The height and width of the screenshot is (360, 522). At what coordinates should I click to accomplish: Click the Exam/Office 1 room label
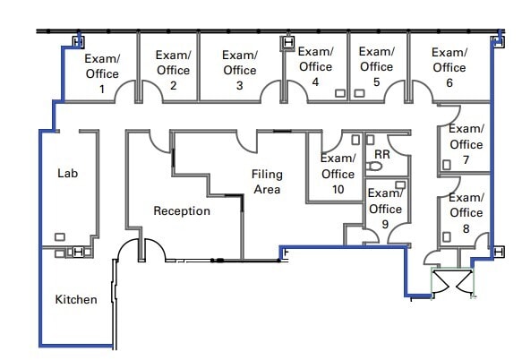(x=102, y=73)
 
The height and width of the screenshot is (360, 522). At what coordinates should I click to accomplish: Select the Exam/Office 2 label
(x=173, y=70)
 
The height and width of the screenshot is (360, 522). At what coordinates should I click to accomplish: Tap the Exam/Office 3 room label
(x=239, y=70)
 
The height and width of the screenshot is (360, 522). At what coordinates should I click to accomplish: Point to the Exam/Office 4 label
(x=315, y=66)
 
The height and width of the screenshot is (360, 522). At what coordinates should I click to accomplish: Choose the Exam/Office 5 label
(x=376, y=66)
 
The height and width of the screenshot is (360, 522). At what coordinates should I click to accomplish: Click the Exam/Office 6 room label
(x=449, y=67)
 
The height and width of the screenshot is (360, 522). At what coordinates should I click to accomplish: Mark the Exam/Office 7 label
(x=466, y=144)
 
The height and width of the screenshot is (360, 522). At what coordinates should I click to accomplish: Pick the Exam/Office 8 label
(x=466, y=212)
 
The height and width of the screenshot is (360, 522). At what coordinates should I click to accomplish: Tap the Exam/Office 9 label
(x=385, y=209)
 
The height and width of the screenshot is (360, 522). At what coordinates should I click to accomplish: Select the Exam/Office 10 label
(x=338, y=174)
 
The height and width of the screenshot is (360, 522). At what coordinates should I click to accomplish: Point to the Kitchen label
(x=76, y=299)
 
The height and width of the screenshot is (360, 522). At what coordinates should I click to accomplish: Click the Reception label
(x=182, y=211)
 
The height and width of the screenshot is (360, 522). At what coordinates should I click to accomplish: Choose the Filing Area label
(x=266, y=181)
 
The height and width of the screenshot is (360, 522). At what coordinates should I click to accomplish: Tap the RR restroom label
(x=382, y=155)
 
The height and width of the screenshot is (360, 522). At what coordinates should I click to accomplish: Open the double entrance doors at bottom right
(x=449, y=281)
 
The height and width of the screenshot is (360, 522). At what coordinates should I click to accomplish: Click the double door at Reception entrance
(x=141, y=250)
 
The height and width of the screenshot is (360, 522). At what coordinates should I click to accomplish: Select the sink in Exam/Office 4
(x=340, y=93)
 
